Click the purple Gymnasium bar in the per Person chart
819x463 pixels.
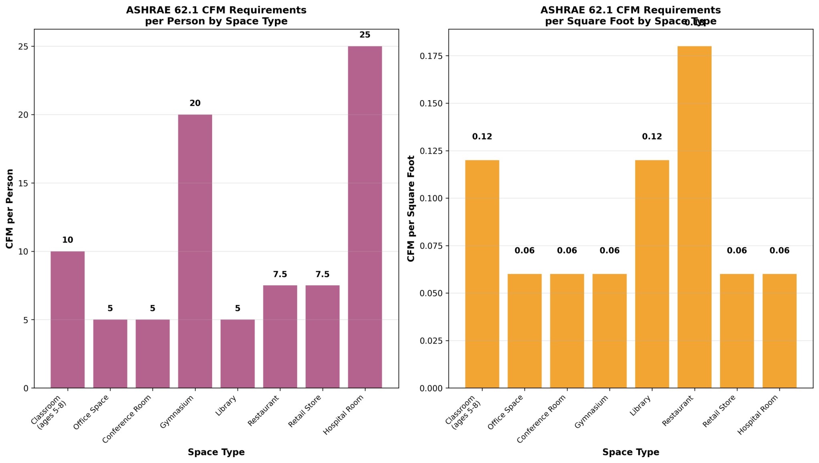click(195, 251)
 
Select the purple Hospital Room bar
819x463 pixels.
click(365, 217)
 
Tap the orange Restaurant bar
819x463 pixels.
click(694, 217)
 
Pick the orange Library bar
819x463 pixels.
click(652, 274)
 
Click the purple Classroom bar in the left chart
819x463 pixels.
click(67, 319)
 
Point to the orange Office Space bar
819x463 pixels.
click(524, 331)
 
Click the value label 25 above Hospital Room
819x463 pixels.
click(365, 35)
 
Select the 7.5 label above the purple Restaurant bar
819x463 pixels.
click(280, 274)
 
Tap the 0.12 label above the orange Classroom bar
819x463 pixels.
click(482, 137)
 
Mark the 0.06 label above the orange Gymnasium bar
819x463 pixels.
click(609, 251)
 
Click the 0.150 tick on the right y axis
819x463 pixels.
click(431, 104)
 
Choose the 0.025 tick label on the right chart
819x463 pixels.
click(431, 341)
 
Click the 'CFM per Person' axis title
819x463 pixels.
click(10, 209)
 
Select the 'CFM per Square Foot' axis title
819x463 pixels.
click(411, 209)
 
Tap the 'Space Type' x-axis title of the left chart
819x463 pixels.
click(216, 452)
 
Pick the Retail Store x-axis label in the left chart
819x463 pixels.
click(305, 411)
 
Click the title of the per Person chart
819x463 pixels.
click(216, 16)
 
